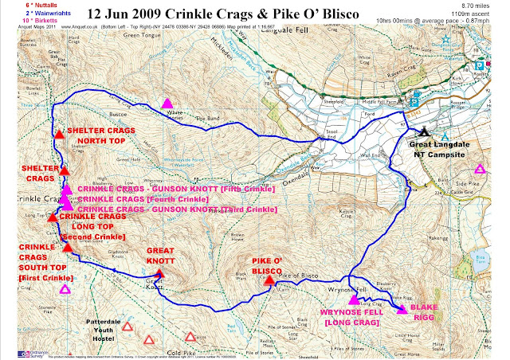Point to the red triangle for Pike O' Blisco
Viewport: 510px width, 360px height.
pyautogui.click(x=269, y=280)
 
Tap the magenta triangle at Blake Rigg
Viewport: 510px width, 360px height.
pyautogui.click(x=402, y=309)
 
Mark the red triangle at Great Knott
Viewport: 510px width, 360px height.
pyautogui.click(x=159, y=275)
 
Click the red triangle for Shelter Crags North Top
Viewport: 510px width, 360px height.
pyautogui.click(x=58, y=134)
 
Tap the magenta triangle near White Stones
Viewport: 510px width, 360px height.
pyautogui.click(x=167, y=103)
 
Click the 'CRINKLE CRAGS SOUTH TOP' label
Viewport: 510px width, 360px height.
pyautogui.click(x=41, y=262)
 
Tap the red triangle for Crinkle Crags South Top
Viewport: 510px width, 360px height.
pyautogui.click(x=69, y=248)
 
